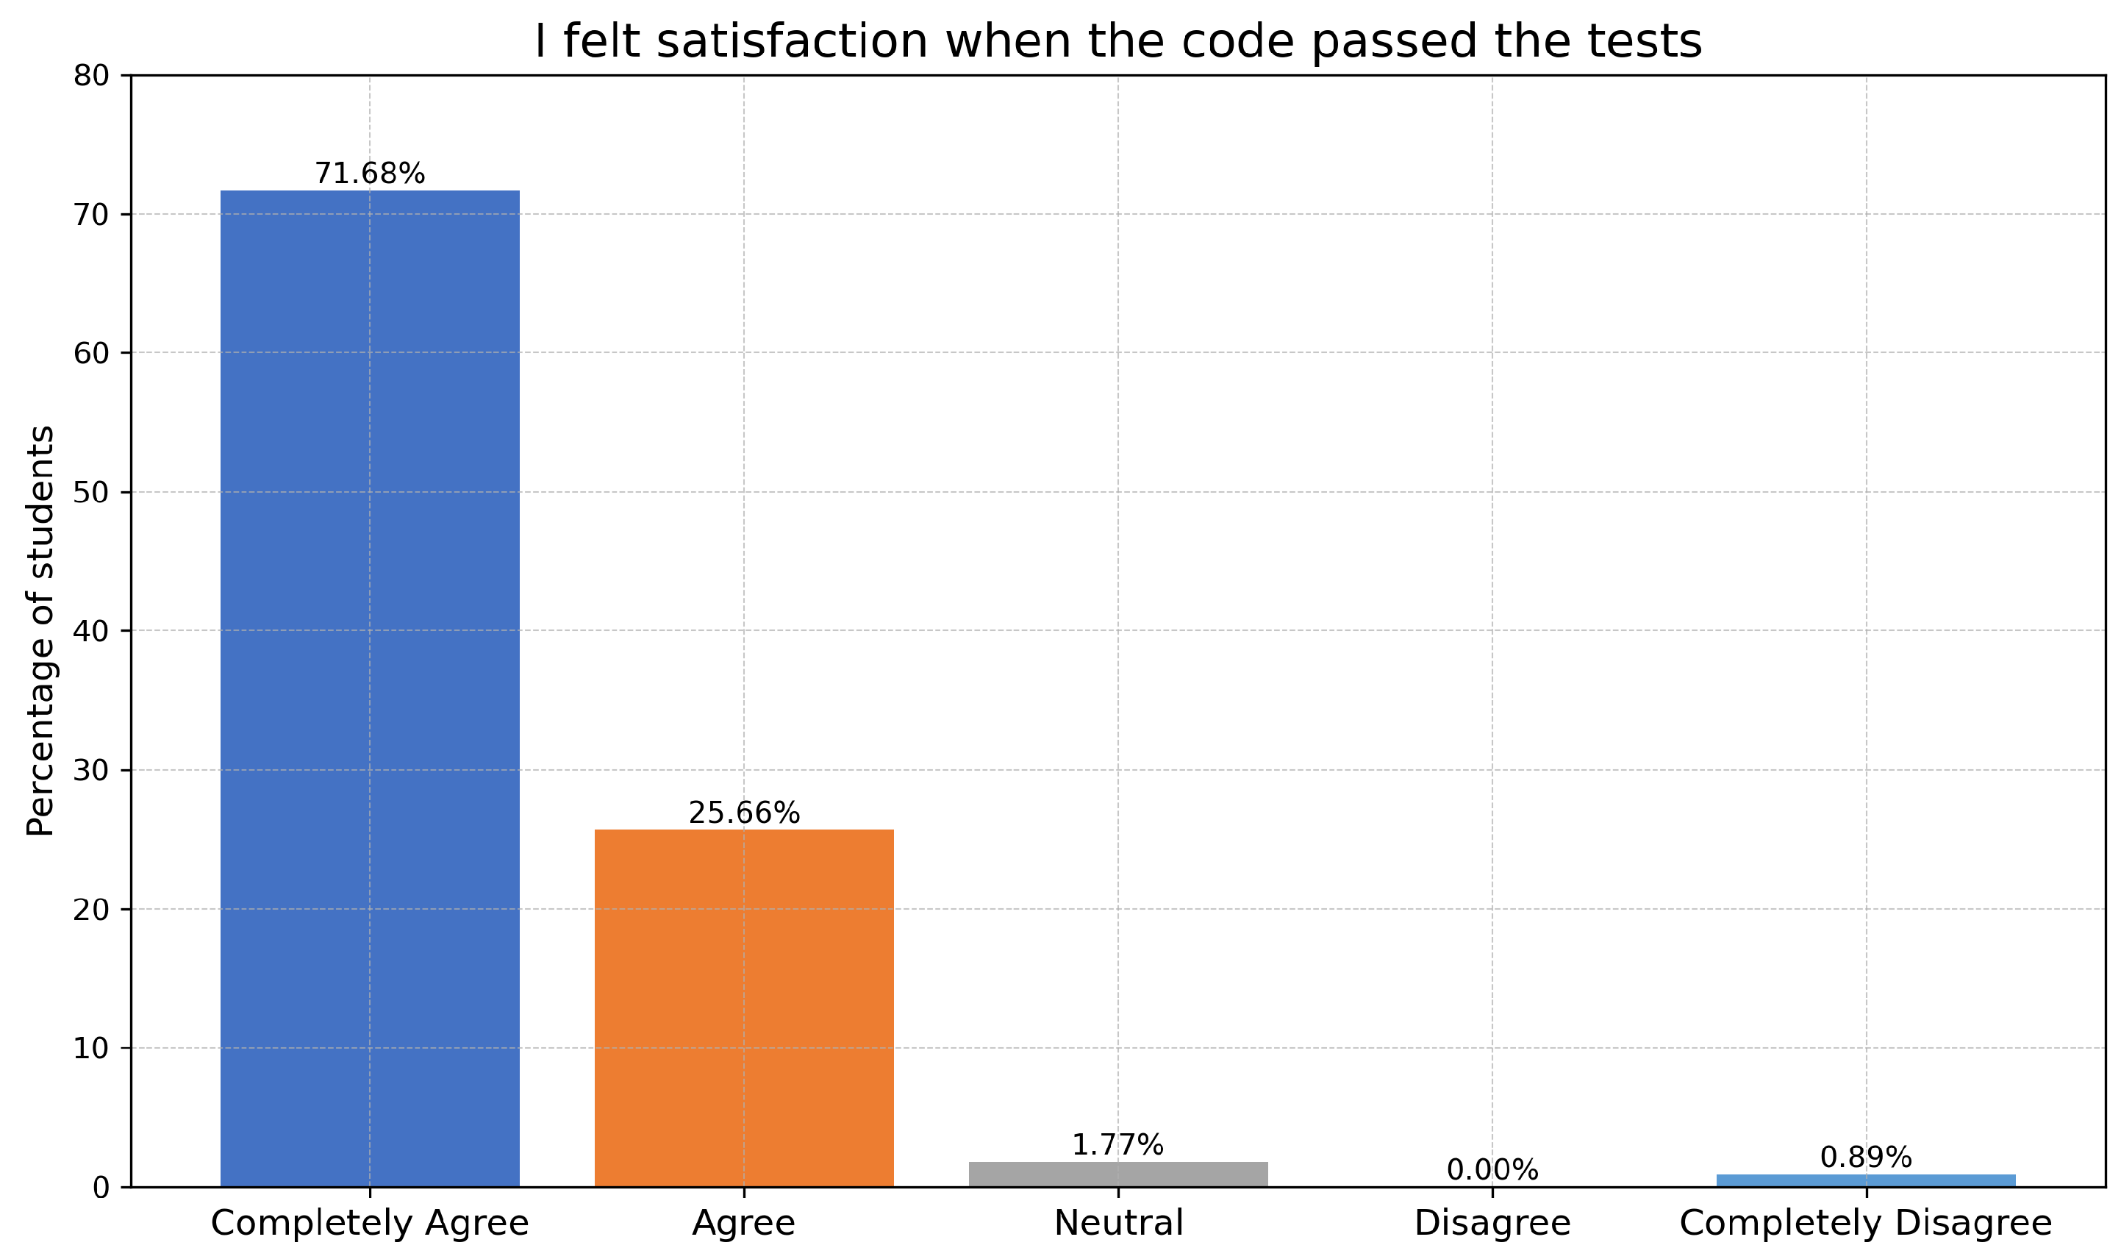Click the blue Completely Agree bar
370,687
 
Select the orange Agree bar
744,1008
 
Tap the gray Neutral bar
1117,1174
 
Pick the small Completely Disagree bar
1866,1180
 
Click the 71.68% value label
370,174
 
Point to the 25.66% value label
744,813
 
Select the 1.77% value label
1117,1145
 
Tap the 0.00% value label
1492,1171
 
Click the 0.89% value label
1866,1158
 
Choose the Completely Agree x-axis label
370,1224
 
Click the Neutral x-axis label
1117,1224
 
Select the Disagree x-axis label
1492,1224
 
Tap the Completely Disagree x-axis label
1866,1224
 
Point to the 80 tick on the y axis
92,76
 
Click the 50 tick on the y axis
92,493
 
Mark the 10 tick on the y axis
92,1049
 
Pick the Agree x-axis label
744,1224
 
